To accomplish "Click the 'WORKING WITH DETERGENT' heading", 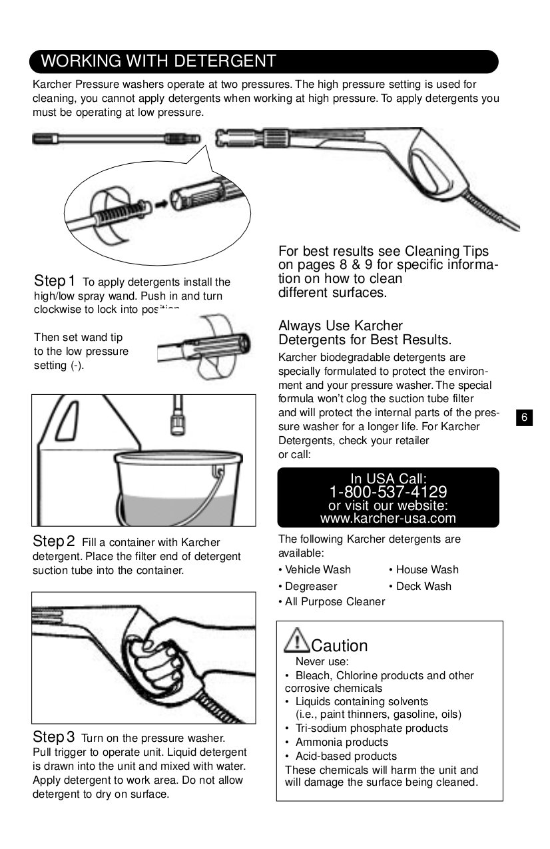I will pos(158,61).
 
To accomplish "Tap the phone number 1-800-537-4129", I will pos(388,492).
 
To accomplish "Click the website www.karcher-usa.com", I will pos(388,518).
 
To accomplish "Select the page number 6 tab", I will pos(524,418).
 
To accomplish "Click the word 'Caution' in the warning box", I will pos(340,646).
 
